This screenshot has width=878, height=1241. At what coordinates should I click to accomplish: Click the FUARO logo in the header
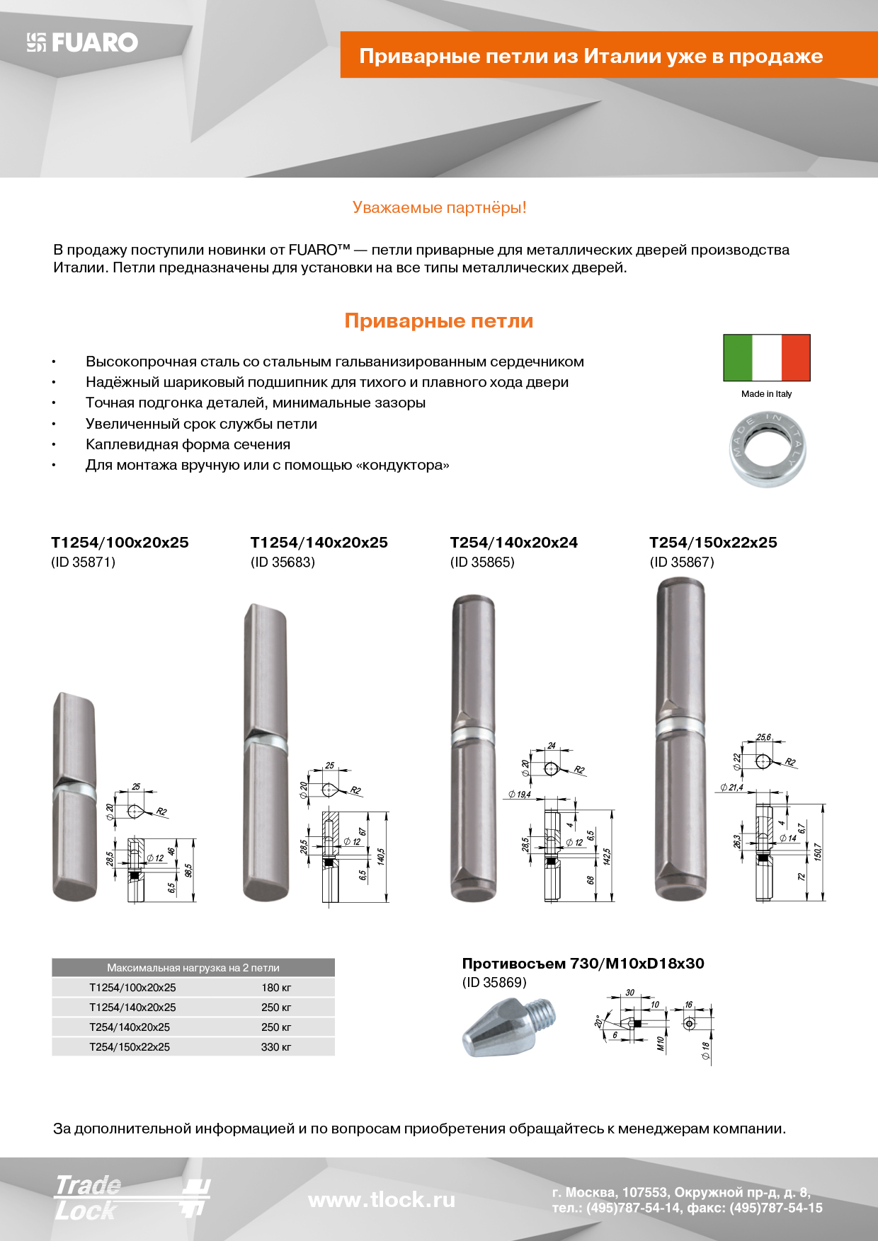[83, 42]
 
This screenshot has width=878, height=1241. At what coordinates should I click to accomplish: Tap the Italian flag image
[766, 358]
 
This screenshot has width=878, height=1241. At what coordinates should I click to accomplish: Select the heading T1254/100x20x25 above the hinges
[120, 543]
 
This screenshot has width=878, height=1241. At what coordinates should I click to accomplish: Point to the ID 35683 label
[283, 562]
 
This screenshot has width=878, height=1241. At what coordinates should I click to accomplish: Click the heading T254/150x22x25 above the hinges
[713, 543]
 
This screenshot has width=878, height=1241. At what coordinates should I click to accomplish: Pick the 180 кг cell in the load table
[276, 988]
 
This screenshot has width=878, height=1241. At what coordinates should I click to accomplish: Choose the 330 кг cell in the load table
[276, 1047]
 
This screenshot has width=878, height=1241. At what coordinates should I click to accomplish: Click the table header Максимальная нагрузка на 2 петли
[193, 968]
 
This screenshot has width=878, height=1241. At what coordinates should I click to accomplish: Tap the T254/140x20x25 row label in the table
[130, 1027]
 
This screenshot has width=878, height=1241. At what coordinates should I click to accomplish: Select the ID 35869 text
[494, 983]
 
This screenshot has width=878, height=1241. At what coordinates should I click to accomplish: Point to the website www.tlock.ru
[382, 1200]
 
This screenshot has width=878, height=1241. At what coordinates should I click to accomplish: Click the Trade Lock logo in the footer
[132, 1197]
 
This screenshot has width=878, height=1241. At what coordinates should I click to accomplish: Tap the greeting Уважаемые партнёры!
[439, 208]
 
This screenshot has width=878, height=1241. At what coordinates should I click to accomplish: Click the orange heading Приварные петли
[439, 321]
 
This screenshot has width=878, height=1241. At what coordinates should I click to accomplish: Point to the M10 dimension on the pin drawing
[661, 1044]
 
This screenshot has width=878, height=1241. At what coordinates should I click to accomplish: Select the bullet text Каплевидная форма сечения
[188, 444]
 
